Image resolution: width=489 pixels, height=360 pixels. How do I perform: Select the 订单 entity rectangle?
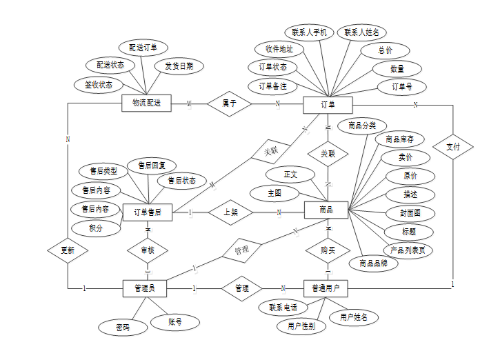tap(328, 105)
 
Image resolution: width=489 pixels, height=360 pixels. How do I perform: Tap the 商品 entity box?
tap(326, 210)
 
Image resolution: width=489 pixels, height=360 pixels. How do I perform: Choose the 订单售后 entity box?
tap(148, 212)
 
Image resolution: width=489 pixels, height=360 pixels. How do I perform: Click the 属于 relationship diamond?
tap(230, 103)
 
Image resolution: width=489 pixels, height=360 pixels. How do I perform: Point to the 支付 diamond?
tap(453, 146)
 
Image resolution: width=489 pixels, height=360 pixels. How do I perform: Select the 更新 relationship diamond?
tap(68, 250)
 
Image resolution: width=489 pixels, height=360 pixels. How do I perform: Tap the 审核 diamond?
tap(148, 250)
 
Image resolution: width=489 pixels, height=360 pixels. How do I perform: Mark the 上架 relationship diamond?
tap(231, 212)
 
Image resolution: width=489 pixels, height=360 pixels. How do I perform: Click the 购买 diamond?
tap(328, 250)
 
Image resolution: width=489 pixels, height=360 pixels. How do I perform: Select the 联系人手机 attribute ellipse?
tap(309, 32)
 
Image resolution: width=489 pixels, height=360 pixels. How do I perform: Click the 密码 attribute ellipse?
tap(123, 328)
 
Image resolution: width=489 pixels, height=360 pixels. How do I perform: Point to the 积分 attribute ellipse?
tap(96, 228)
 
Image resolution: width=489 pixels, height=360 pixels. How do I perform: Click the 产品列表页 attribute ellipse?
tap(408, 249)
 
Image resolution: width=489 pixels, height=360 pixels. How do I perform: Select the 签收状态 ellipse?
tap(99, 85)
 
